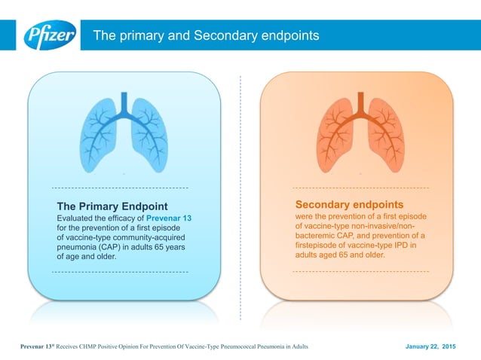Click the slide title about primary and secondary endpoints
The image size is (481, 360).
(205, 35)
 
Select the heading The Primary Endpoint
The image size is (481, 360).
(112, 206)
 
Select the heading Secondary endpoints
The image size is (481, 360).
(349, 205)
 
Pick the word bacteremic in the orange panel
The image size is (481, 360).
(318, 235)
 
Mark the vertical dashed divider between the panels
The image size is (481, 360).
(240, 196)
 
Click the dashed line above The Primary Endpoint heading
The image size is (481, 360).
(120, 187)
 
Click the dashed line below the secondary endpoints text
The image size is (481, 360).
(360, 270)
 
